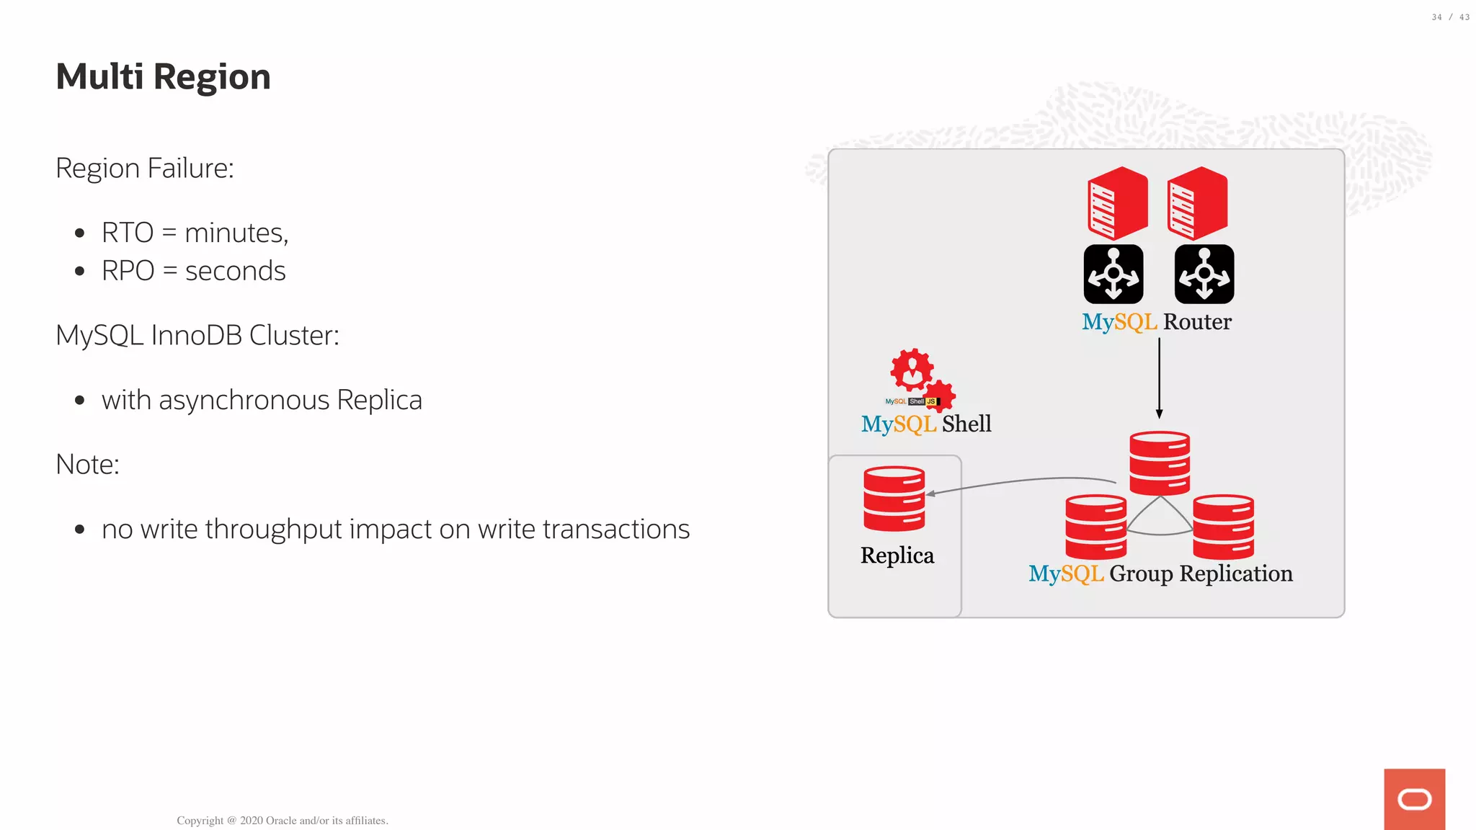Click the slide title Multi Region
pyautogui.click(x=163, y=76)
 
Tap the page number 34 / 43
pyautogui.click(x=1450, y=17)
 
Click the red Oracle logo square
pyautogui.click(x=1414, y=799)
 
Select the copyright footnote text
pyautogui.click(x=282, y=820)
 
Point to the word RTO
pyautogui.click(x=128, y=233)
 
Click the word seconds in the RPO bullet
pyautogui.click(x=235, y=271)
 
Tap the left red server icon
pyautogui.click(x=1117, y=203)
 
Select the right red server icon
pyautogui.click(x=1197, y=203)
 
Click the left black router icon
pyautogui.click(x=1113, y=274)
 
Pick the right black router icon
pyautogui.click(x=1204, y=274)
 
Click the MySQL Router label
pyautogui.click(x=1157, y=321)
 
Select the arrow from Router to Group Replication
pyautogui.click(x=1159, y=378)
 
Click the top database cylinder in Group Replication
pyautogui.click(x=1160, y=463)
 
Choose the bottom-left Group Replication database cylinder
pyautogui.click(x=1095, y=527)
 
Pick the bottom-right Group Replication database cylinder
pyautogui.click(x=1224, y=527)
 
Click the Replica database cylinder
pyautogui.click(x=894, y=499)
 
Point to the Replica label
pyautogui.click(x=897, y=555)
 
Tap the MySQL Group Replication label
pyautogui.click(x=1160, y=574)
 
